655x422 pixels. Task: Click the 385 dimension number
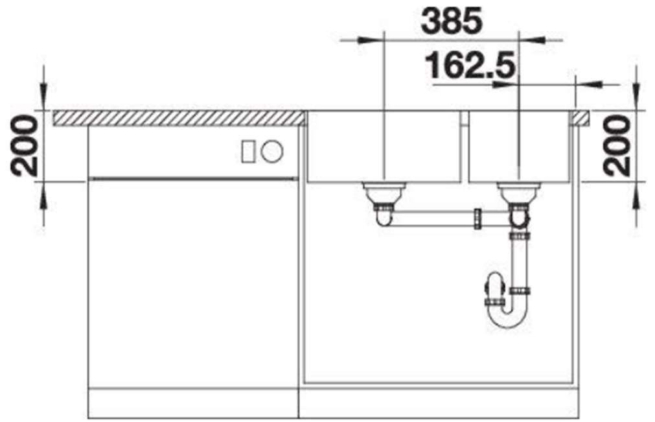click(452, 21)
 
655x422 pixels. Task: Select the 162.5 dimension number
click(469, 65)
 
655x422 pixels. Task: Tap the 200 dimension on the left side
click(23, 146)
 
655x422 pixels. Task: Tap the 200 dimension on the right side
click(617, 146)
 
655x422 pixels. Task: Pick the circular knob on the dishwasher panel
click(272, 151)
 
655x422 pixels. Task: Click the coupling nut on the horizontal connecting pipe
click(477, 218)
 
